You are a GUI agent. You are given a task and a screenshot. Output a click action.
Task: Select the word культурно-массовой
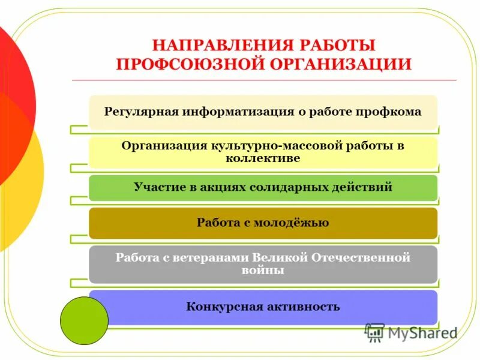pyautogui.click(x=274, y=146)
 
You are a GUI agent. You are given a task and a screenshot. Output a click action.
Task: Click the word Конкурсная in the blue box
pyautogui.click(x=224, y=307)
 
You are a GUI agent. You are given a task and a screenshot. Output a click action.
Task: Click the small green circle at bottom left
pyautogui.click(x=84, y=320)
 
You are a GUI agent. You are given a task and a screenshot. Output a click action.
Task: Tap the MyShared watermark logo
pyautogui.click(x=410, y=332)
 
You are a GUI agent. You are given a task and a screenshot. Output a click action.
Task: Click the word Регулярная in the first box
pyautogui.click(x=142, y=112)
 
